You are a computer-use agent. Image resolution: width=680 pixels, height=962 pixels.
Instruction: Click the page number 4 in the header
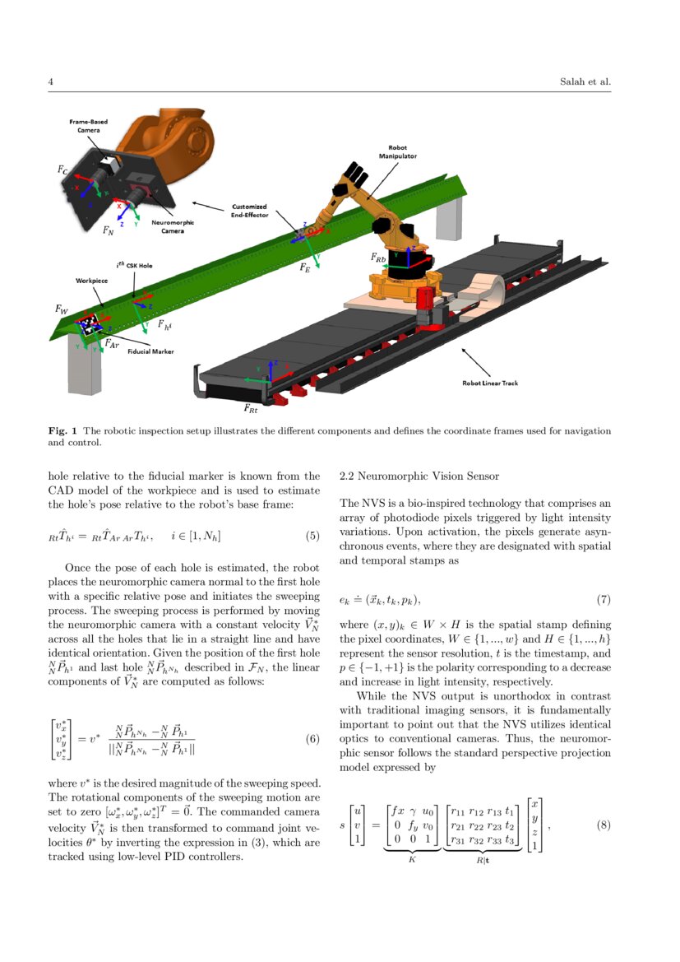tap(51, 82)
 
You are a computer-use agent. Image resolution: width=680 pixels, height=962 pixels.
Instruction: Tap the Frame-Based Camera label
tap(88, 126)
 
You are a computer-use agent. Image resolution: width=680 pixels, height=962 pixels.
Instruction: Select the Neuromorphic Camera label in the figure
tap(173, 227)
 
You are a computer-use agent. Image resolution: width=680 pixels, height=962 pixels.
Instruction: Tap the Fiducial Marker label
tap(150, 351)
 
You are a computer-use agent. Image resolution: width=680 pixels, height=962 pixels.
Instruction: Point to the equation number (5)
tap(312, 537)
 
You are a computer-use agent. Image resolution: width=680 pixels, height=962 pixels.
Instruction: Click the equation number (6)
tap(312, 738)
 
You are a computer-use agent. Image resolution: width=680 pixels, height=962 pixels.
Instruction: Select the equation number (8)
tap(602, 825)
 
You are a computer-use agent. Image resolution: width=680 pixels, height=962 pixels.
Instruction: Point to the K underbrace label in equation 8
tap(412, 859)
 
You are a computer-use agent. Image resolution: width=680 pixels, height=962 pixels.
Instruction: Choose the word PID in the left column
tap(193, 857)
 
